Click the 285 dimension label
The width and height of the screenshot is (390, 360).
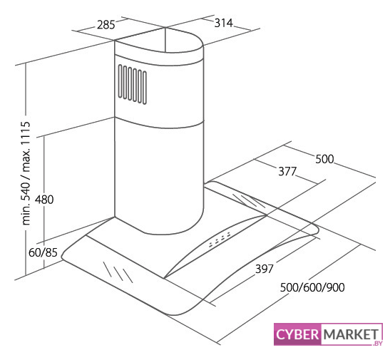106,25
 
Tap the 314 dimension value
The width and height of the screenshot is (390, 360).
224,23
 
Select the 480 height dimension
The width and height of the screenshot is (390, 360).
44,200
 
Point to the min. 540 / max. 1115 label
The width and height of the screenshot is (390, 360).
26,173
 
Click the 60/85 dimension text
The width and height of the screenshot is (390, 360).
43,252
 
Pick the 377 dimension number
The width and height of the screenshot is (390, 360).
287,171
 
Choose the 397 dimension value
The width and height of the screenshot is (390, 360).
265,269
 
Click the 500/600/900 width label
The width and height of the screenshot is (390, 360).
312,287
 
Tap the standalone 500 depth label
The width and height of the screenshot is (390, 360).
324,159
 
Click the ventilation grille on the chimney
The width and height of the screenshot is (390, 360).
133,84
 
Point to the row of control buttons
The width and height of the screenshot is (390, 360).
220,240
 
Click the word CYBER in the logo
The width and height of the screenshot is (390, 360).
297,334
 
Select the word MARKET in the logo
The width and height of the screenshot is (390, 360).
351,334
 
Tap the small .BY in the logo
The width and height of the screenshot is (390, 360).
377,343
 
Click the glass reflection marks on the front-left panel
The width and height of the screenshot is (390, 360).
118,272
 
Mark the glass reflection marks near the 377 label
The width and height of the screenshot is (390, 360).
249,200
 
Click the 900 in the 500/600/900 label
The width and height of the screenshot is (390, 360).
336,287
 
